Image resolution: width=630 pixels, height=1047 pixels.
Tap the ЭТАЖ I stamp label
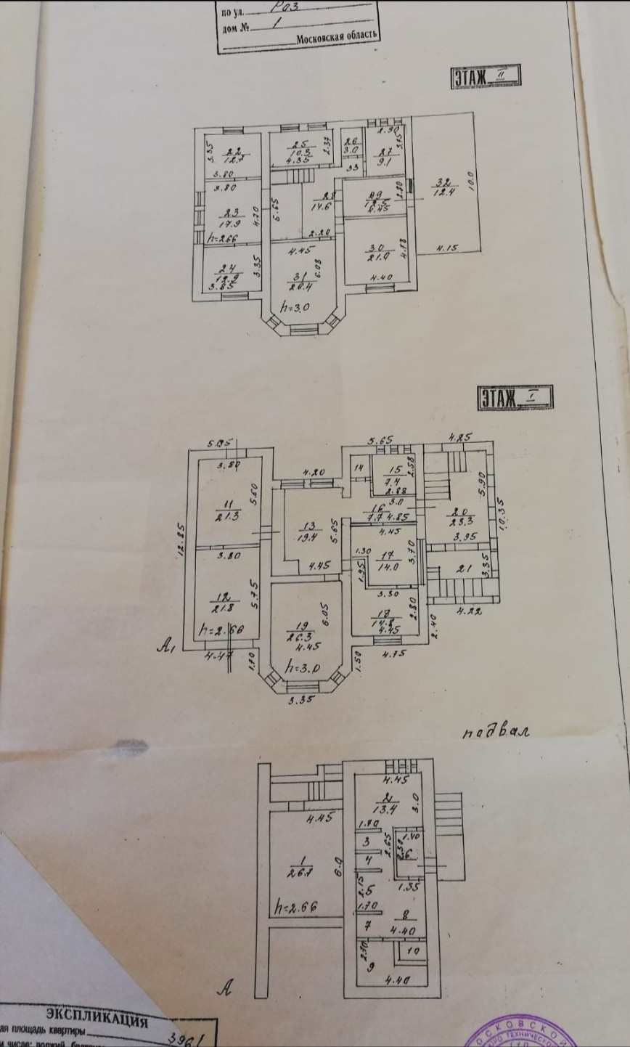[x=515, y=397]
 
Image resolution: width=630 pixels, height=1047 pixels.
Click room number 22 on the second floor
[x=233, y=151]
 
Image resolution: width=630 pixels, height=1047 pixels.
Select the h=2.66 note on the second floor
[x=221, y=237]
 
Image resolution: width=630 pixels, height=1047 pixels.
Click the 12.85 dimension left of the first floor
[x=181, y=541]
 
